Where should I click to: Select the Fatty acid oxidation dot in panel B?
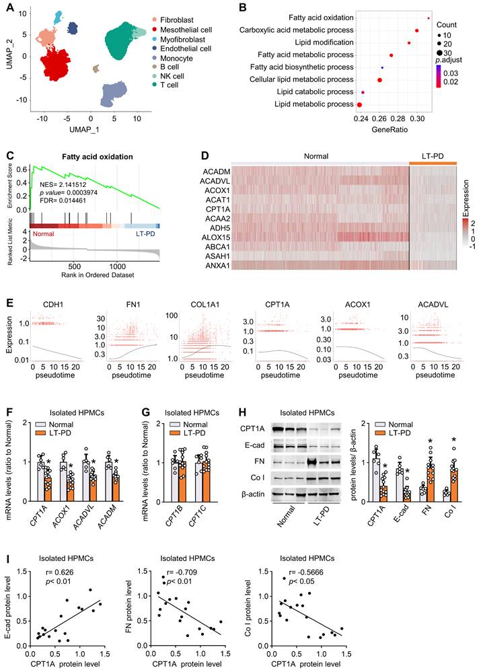[x=429, y=18]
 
